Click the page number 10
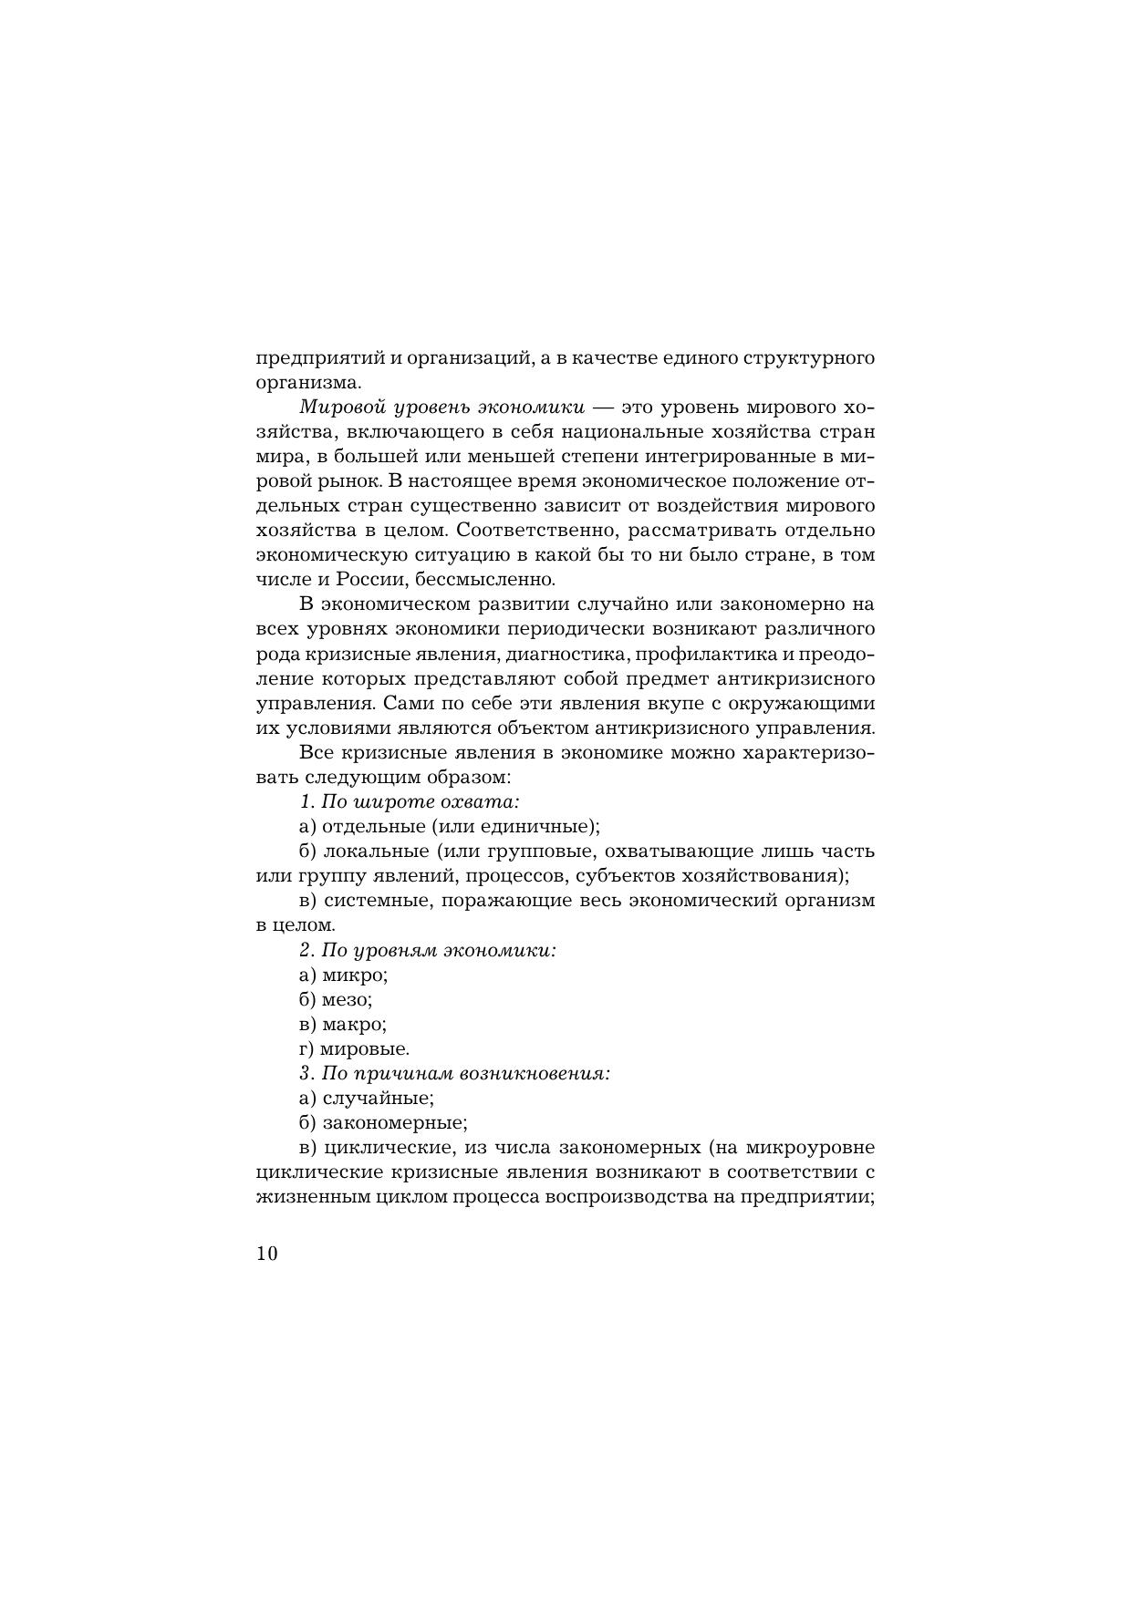tap(266, 1253)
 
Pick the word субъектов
tap(627, 875)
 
